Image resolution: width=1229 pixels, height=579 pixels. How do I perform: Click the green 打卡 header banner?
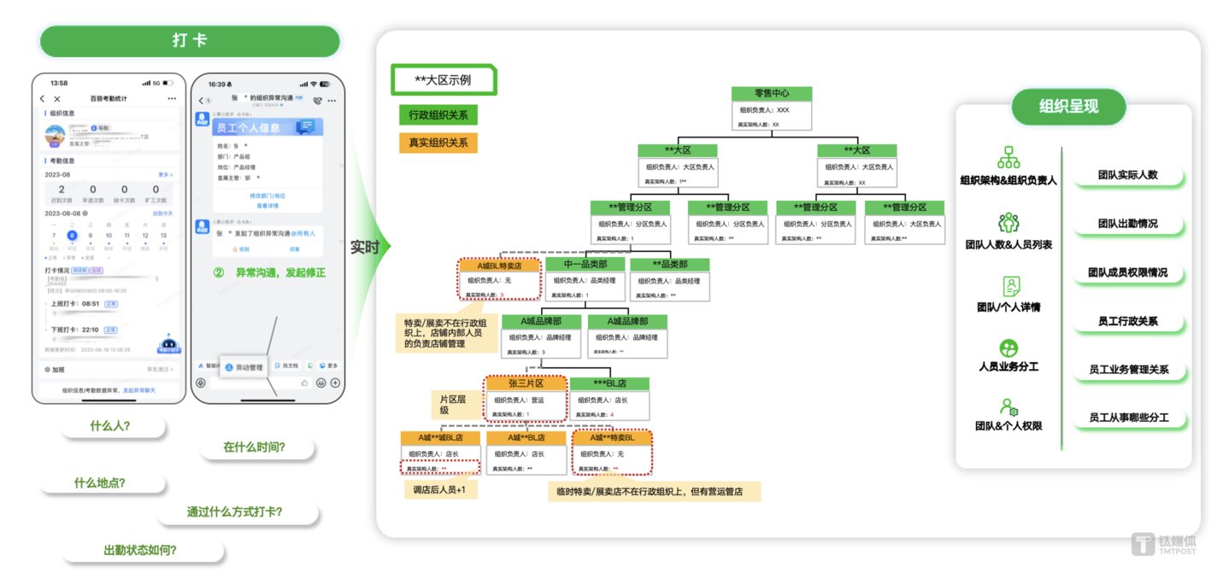pos(190,41)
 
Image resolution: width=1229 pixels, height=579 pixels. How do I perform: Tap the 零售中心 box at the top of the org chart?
pos(771,94)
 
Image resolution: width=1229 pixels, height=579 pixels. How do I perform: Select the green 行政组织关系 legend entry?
pos(438,115)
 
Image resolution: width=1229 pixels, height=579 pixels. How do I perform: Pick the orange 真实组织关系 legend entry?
pos(438,143)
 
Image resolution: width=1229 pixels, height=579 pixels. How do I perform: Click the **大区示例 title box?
pos(443,79)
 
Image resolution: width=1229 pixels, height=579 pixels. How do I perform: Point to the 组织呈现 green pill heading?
pos(1068,107)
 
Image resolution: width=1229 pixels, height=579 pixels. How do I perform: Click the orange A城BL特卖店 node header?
pos(500,266)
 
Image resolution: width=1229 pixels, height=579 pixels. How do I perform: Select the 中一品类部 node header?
pos(584,265)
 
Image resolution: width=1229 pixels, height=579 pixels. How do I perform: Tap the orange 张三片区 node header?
pos(526,383)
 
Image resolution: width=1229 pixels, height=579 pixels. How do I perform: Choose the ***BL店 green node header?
pos(609,383)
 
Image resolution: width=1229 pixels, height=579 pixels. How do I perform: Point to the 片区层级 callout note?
pos(453,404)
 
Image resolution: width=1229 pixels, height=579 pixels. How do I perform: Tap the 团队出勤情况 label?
pos(1127,224)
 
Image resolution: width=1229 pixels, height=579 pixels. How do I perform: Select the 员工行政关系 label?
pos(1127,322)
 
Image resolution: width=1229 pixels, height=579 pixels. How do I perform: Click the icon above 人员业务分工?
pos(1008,348)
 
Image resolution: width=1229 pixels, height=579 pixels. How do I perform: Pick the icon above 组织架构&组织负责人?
pos(1008,157)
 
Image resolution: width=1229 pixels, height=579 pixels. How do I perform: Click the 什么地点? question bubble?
pos(100,482)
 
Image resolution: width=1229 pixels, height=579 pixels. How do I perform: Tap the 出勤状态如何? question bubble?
pos(141,551)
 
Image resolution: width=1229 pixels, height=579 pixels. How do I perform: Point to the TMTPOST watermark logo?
pos(1166,545)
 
